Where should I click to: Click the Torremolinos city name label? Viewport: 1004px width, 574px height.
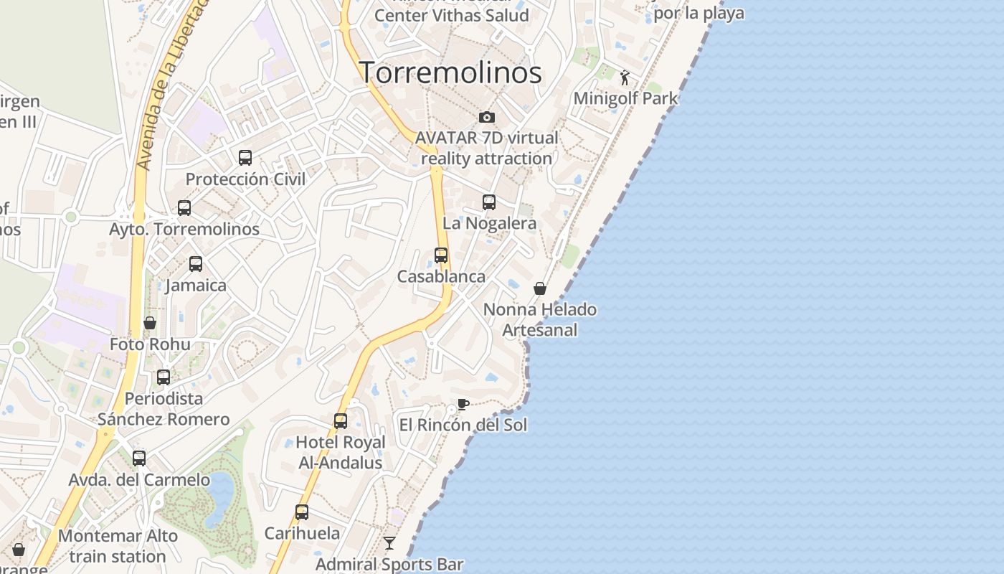(x=450, y=73)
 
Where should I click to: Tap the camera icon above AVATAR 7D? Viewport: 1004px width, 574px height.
(x=487, y=117)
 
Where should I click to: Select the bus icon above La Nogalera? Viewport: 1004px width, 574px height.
(x=489, y=202)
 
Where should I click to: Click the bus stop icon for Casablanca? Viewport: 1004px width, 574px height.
(x=441, y=255)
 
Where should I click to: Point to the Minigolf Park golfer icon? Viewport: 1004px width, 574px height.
(x=625, y=77)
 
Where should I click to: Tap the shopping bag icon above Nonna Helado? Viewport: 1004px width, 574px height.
(x=540, y=288)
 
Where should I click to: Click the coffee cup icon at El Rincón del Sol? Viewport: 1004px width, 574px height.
(x=463, y=404)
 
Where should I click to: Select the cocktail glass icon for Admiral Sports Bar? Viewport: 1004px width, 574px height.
(x=389, y=543)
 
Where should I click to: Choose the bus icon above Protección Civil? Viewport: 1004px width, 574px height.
(x=245, y=158)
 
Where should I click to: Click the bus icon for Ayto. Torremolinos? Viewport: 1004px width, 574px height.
(x=184, y=208)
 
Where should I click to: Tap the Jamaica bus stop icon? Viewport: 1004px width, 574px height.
(x=196, y=264)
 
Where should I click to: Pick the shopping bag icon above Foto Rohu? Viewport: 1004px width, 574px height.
(x=150, y=323)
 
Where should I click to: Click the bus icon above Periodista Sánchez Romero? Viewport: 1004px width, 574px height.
(x=164, y=377)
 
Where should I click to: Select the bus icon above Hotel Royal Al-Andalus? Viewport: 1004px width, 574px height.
(x=341, y=421)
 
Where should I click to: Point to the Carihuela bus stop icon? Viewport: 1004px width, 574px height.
(x=302, y=512)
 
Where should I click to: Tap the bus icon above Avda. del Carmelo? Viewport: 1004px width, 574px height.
(x=139, y=458)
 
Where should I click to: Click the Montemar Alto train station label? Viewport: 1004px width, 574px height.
(x=118, y=546)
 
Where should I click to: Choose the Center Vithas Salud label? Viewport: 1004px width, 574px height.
(x=451, y=15)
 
